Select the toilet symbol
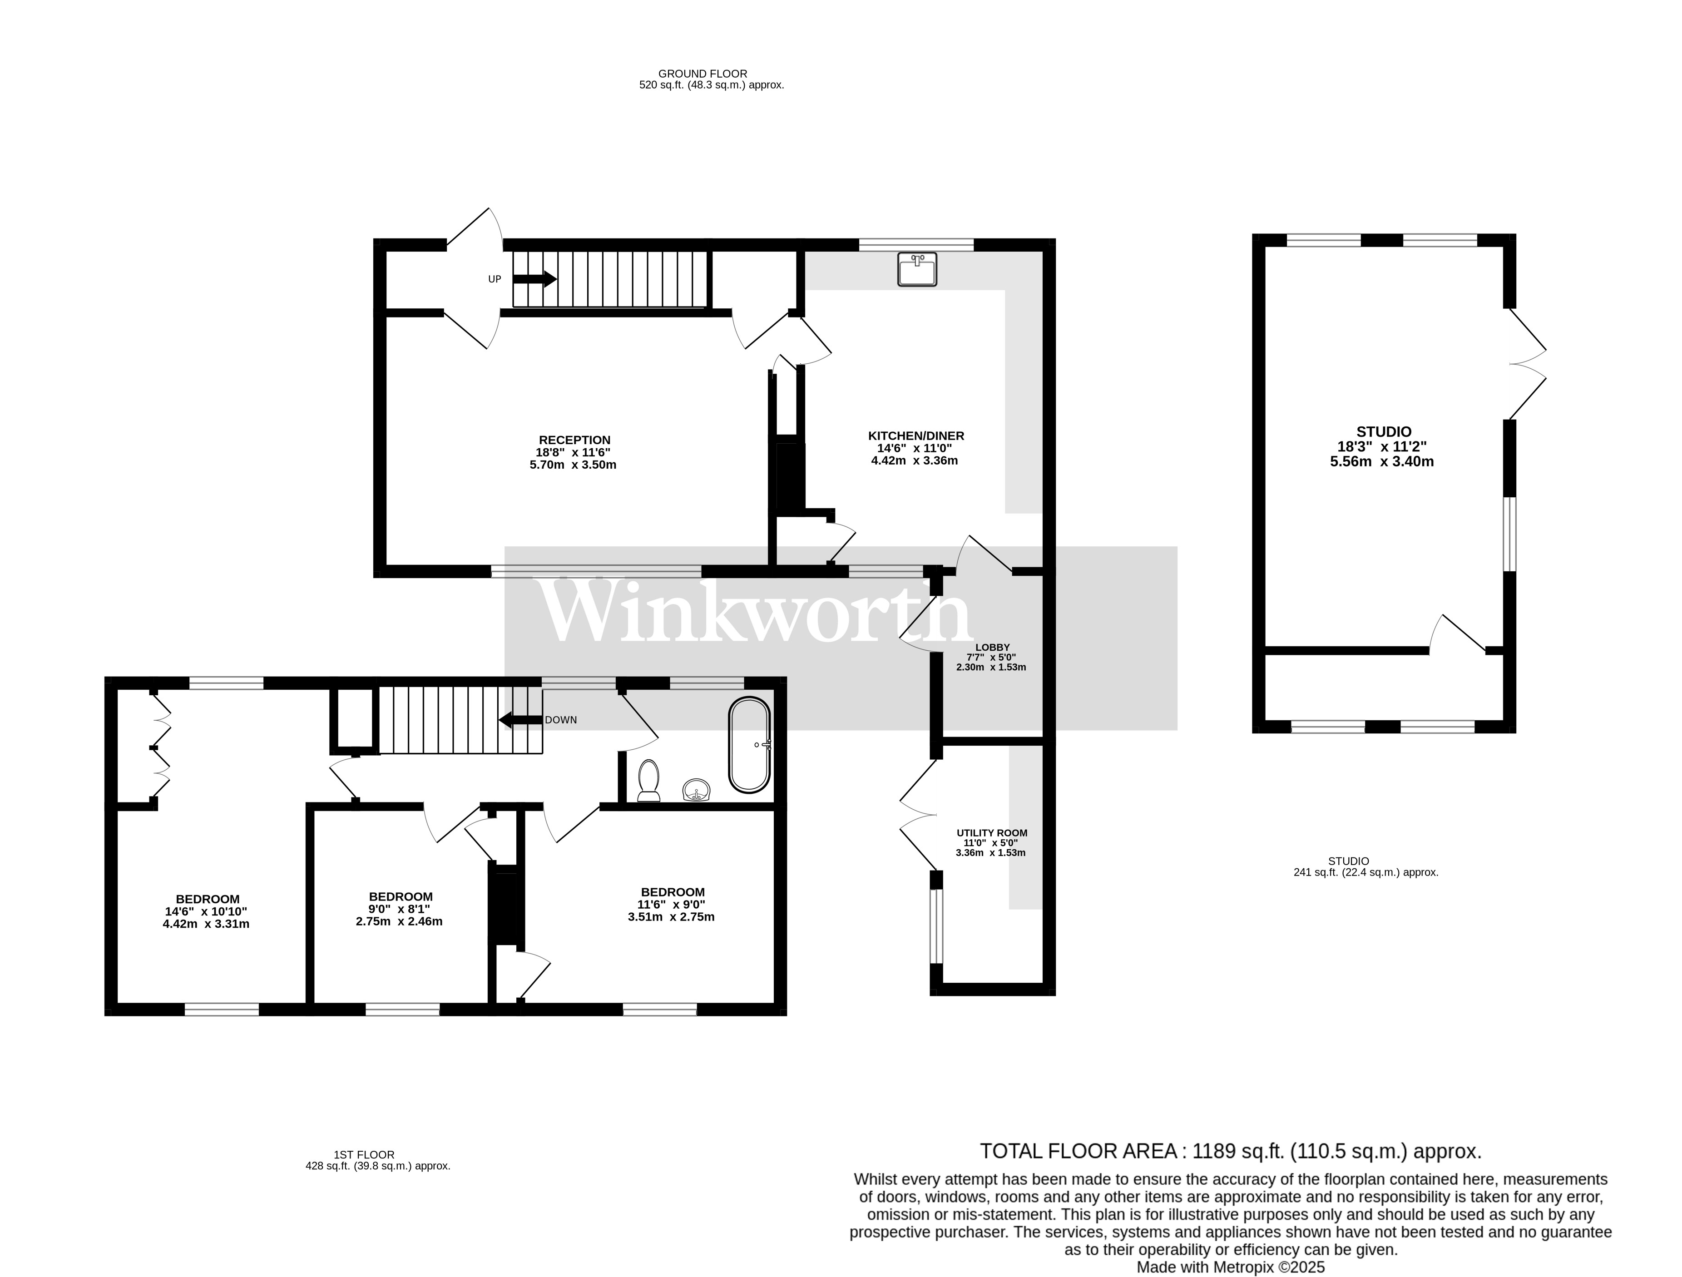648,781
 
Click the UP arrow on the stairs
534,279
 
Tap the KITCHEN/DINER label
916,436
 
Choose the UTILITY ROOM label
992,833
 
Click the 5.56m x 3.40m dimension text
1382,461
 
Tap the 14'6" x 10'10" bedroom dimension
206,911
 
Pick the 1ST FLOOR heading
364,1176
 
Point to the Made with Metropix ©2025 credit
1230,1267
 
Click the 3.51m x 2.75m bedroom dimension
671,916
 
